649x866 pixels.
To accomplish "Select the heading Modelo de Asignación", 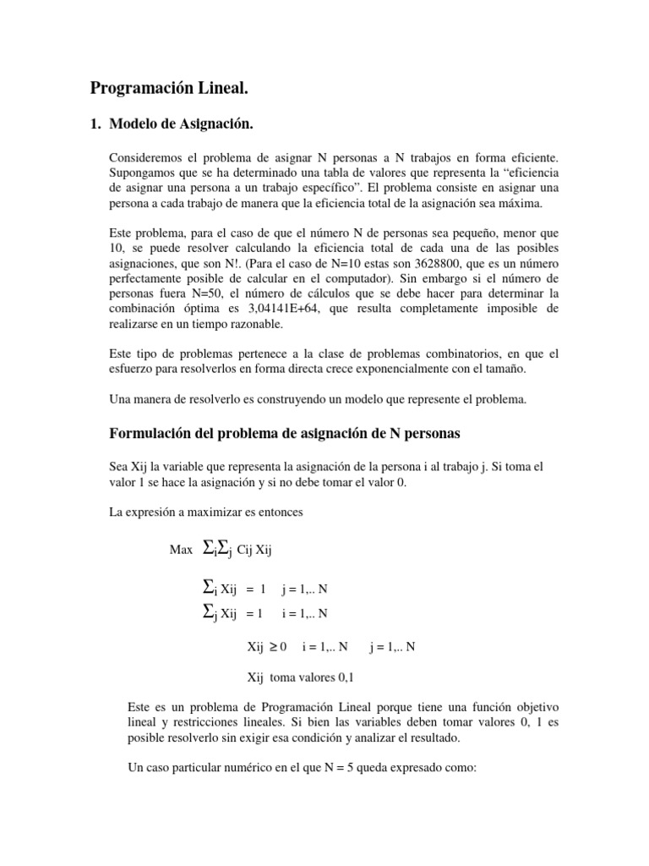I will point(182,125).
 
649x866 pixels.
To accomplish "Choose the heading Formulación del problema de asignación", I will point(285,434).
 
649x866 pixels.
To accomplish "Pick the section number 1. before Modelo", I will point(95,125).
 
